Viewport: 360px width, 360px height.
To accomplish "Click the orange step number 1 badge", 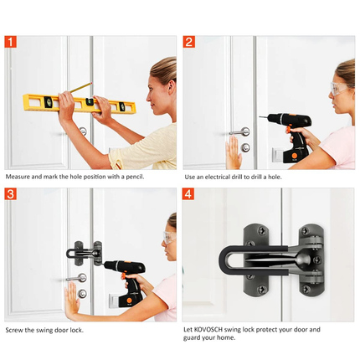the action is point(10,42).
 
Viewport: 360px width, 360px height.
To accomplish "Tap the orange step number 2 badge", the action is point(189,42).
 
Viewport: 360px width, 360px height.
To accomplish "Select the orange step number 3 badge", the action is point(10,193).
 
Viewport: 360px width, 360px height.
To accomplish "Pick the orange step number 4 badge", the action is point(188,193).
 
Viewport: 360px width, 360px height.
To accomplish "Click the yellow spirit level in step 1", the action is point(80,104).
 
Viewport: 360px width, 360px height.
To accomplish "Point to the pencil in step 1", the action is point(81,87).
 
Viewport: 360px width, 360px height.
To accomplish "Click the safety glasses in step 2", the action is point(341,89).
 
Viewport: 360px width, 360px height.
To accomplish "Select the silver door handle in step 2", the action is point(239,132).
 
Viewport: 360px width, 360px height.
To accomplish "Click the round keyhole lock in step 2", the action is point(245,147).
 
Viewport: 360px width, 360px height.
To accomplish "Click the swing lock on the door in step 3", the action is point(85,253).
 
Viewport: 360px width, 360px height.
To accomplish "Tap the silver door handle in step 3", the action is point(77,278).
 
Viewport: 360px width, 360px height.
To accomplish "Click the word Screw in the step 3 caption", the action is point(14,330).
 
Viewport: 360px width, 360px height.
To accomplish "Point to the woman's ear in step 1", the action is point(172,87).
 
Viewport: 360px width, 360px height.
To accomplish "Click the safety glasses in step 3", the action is point(169,238).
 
